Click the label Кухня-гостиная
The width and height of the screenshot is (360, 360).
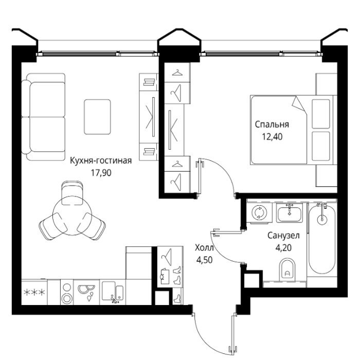(101, 160)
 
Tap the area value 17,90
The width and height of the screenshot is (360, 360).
(101, 173)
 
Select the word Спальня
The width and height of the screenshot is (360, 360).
(272, 124)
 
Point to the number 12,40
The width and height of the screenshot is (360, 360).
(272, 137)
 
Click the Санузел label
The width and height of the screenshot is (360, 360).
(283, 236)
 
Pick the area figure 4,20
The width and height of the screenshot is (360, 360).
(283, 248)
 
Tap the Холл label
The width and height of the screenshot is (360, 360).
(204, 248)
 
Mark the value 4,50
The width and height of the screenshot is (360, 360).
(204, 260)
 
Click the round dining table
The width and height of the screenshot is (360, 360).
(72, 215)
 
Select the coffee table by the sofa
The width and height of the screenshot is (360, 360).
(97, 117)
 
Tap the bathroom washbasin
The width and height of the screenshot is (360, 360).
(289, 213)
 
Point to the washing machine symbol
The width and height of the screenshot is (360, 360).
(259, 212)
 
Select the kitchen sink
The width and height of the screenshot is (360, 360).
(113, 292)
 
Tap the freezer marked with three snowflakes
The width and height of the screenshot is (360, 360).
(34, 292)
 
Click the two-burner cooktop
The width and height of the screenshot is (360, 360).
(67, 292)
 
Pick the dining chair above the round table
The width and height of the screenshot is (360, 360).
(72, 192)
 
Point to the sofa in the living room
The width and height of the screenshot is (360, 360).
(44, 117)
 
